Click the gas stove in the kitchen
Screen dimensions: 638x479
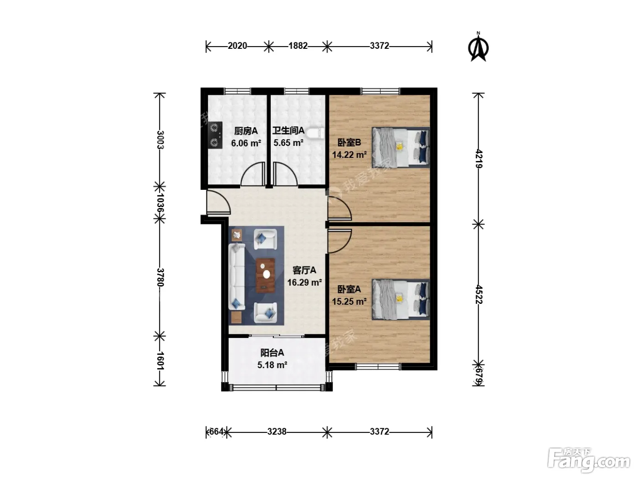(215, 135)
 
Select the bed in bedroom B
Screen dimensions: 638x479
(401, 147)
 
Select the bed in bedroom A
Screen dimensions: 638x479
(401, 300)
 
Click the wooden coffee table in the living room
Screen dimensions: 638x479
(265, 276)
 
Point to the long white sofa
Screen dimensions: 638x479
(237, 276)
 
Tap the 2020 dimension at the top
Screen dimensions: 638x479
(237, 46)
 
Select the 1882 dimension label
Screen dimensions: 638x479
(298, 46)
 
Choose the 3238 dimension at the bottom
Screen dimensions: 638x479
(277, 432)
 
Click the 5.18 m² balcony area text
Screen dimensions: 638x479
(272, 364)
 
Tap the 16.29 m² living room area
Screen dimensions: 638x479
(304, 282)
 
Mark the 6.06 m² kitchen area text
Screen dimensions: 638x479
(246, 143)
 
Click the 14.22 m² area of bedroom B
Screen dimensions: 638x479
(349, 155)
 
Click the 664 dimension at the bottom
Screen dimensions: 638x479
(216, 432)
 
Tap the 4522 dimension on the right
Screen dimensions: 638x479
(478, 294)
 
